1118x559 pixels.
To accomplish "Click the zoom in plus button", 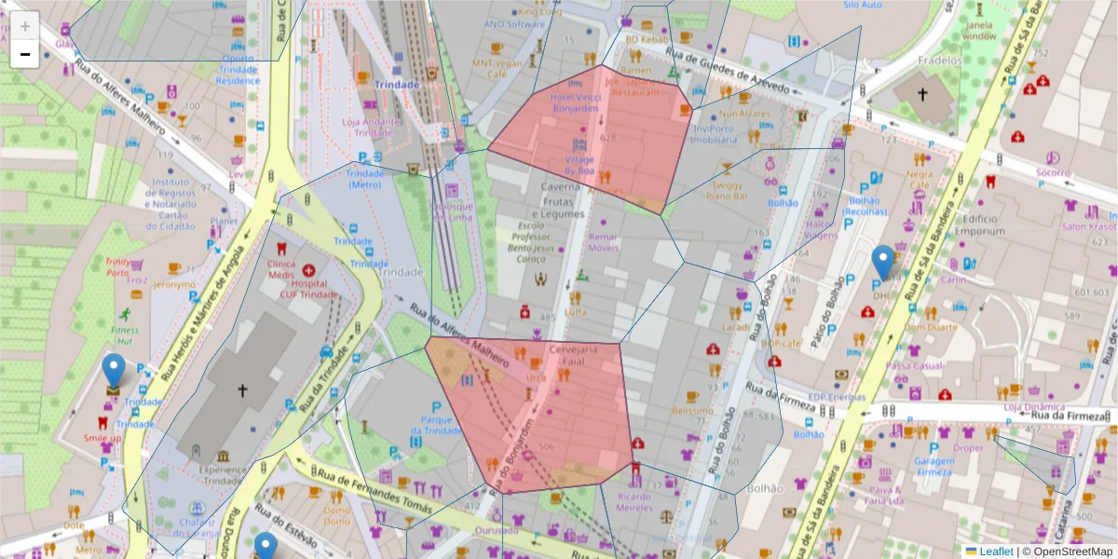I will point(25,26).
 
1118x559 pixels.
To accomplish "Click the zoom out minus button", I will point(25,55).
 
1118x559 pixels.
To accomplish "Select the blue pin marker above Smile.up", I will point(114,371).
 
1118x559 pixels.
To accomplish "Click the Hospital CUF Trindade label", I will point(308,289).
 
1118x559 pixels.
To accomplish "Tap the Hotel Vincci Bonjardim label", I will point(574,102).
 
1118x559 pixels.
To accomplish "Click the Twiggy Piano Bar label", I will point(729,191).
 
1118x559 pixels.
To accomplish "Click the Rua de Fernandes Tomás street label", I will point(375,492).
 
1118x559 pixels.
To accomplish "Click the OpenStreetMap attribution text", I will point(1067,552).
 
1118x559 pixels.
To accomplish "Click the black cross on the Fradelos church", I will point(922,94).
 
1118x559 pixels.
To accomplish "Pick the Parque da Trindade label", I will point(435,425).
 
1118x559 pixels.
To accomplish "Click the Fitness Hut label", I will point(125,335).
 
